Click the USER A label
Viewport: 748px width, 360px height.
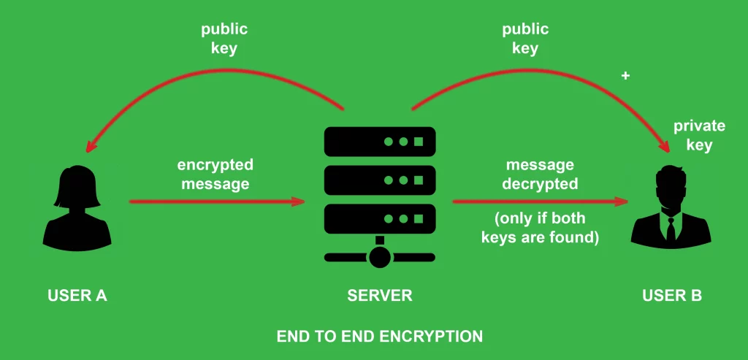77,296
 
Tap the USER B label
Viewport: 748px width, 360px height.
672,296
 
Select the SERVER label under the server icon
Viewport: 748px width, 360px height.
380,296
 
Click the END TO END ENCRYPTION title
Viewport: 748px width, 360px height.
380,337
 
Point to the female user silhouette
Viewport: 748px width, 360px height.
77,208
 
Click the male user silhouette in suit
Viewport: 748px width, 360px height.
671,208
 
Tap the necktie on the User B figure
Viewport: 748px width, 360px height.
671,229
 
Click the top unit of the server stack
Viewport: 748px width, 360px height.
380,141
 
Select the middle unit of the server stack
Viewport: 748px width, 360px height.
380,180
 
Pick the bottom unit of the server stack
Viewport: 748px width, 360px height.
380,218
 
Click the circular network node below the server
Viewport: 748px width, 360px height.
380,256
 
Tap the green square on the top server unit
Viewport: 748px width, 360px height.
419,141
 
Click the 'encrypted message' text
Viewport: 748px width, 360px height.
215,175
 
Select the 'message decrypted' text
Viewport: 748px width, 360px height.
541,175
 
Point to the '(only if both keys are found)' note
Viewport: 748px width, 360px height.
541,228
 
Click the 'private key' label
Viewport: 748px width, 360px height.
699,135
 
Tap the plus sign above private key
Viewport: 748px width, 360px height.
625,76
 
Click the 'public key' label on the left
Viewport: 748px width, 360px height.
225,39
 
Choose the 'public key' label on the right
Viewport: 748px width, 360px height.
525,39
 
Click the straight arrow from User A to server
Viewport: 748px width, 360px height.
216,201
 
